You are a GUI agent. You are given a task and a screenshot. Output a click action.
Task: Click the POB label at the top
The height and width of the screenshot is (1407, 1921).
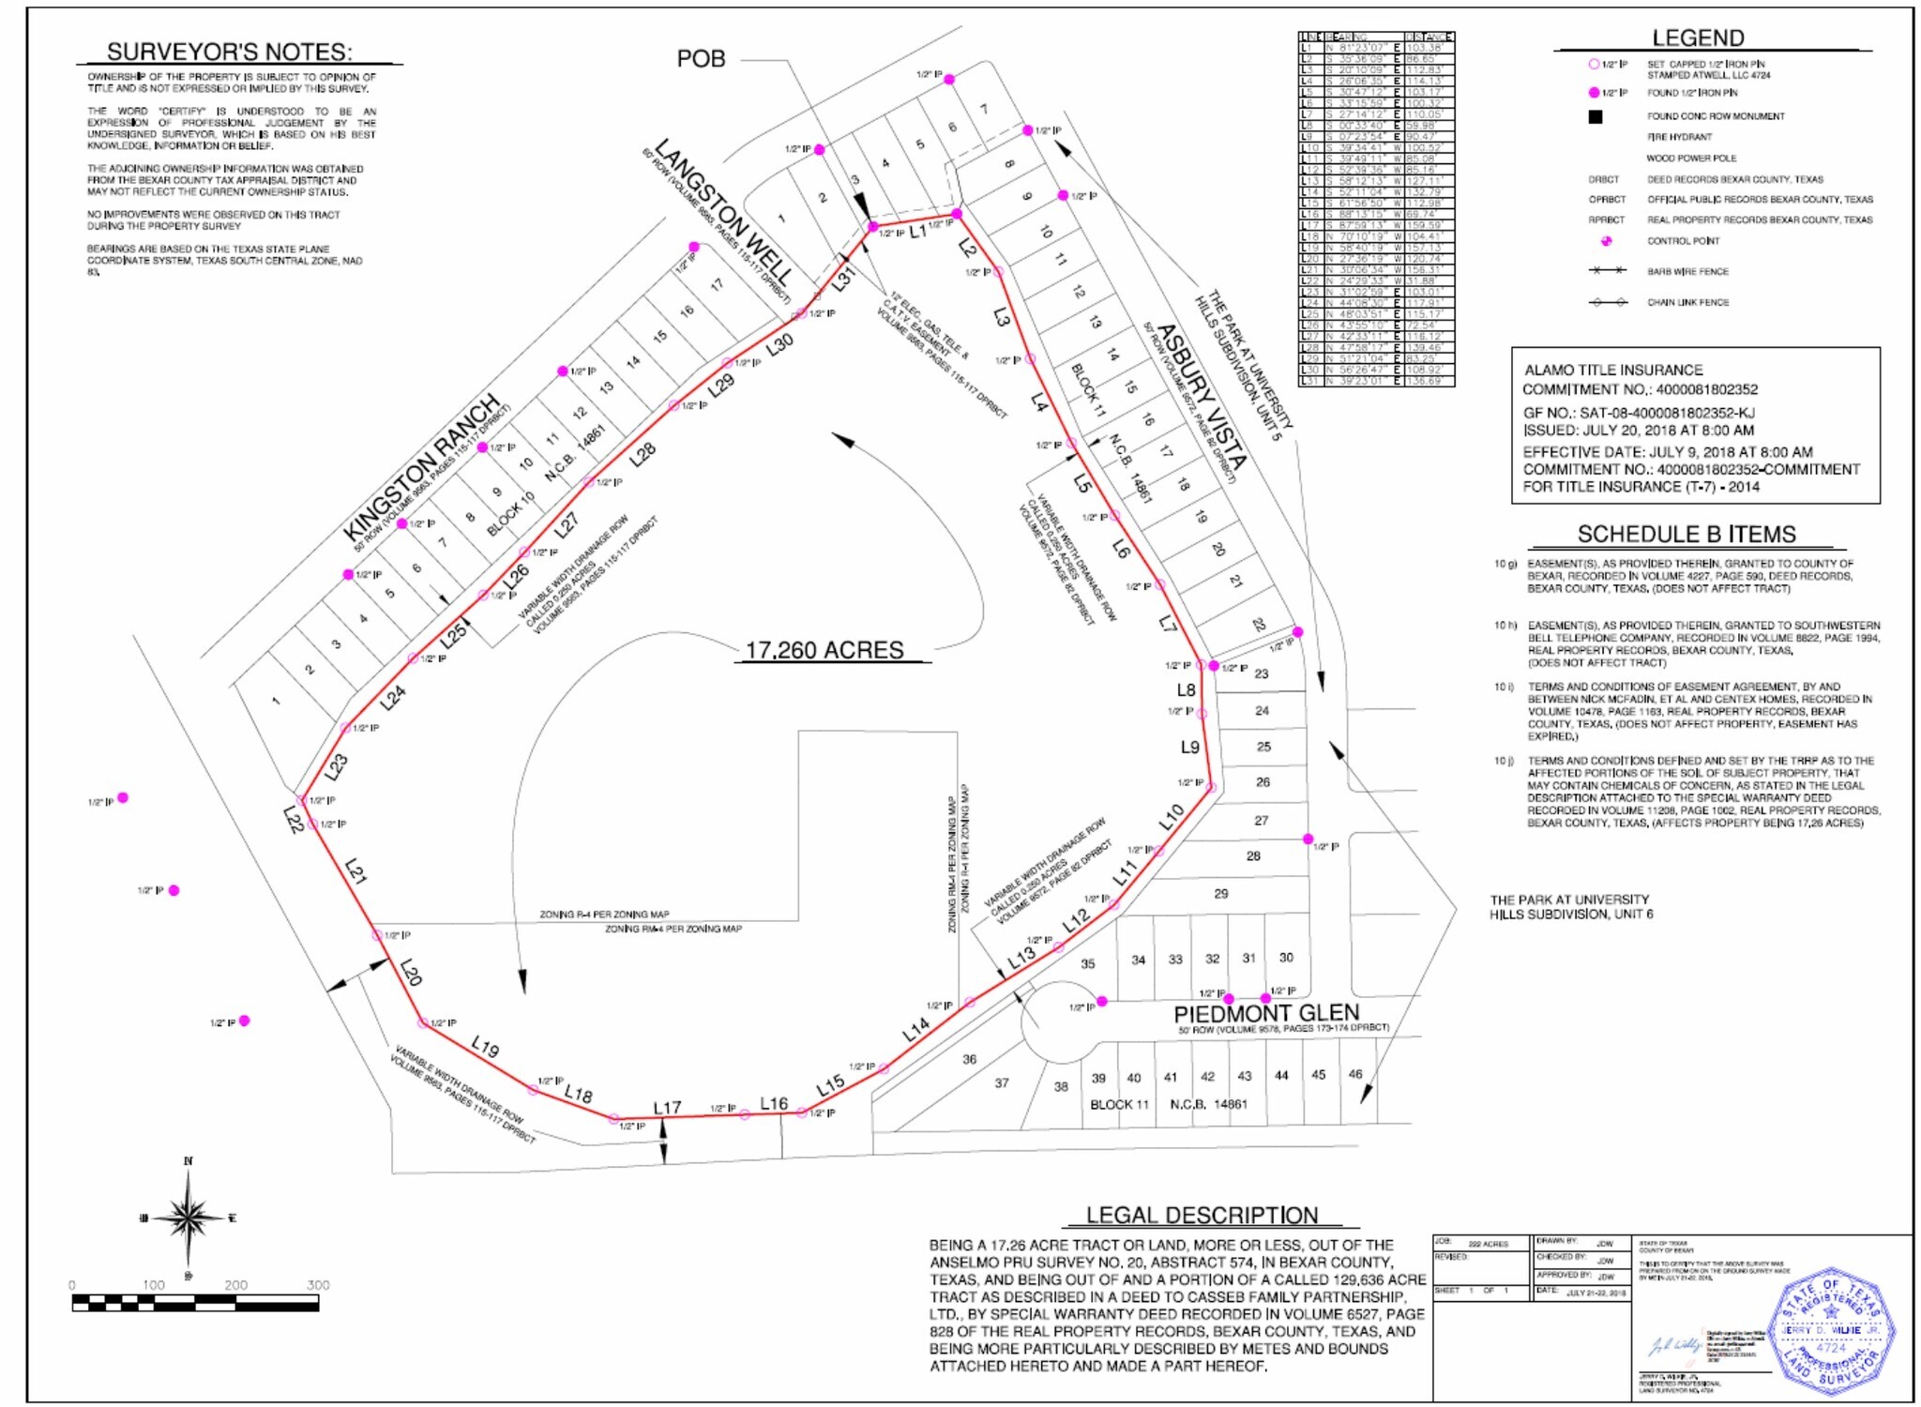(701, 59)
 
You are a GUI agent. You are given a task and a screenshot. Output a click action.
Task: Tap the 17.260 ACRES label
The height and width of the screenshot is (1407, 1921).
(824, 650)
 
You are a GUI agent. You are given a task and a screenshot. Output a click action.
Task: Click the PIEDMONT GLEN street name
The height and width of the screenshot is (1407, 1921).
(1265, 1013)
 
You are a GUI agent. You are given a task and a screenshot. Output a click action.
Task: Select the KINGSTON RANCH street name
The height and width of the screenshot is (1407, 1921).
(421, 469)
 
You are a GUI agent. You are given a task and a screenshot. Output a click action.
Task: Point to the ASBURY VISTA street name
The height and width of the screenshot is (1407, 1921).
(1202, 397)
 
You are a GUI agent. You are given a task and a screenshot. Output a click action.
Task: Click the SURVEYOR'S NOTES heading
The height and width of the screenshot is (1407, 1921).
(229, 52)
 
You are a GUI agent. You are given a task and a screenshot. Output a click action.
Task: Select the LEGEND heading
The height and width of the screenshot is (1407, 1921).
(1698, 38)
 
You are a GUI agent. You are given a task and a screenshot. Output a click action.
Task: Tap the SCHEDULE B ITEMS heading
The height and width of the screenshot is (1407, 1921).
(1686, 535)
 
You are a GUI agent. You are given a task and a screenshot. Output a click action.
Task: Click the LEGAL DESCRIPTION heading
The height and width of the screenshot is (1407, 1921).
(1202, 1215)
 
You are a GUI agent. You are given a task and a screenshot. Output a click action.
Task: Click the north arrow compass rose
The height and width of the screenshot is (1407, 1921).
(189, 1218)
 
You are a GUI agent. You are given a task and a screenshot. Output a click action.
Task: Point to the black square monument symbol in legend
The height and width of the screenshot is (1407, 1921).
(1595, 116)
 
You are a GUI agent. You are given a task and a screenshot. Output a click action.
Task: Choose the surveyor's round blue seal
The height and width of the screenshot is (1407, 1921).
(1830, 1332)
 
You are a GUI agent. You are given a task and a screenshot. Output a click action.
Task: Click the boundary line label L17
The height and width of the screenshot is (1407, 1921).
(667, 1108)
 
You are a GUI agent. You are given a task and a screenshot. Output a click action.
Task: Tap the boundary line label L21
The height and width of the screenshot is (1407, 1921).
(355, 871)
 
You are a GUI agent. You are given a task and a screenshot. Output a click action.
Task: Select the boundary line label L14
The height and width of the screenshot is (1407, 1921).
(915, 1029)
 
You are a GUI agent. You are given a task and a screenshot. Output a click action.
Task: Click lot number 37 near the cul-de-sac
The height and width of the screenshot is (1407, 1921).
(1002, 1083)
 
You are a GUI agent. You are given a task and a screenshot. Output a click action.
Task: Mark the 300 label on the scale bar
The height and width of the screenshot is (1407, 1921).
(318, 1285)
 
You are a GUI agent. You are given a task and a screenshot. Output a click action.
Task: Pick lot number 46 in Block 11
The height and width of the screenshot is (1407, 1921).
(1354, 1074)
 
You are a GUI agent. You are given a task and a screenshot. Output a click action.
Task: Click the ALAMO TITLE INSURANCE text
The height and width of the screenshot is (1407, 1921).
(1613, 371)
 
